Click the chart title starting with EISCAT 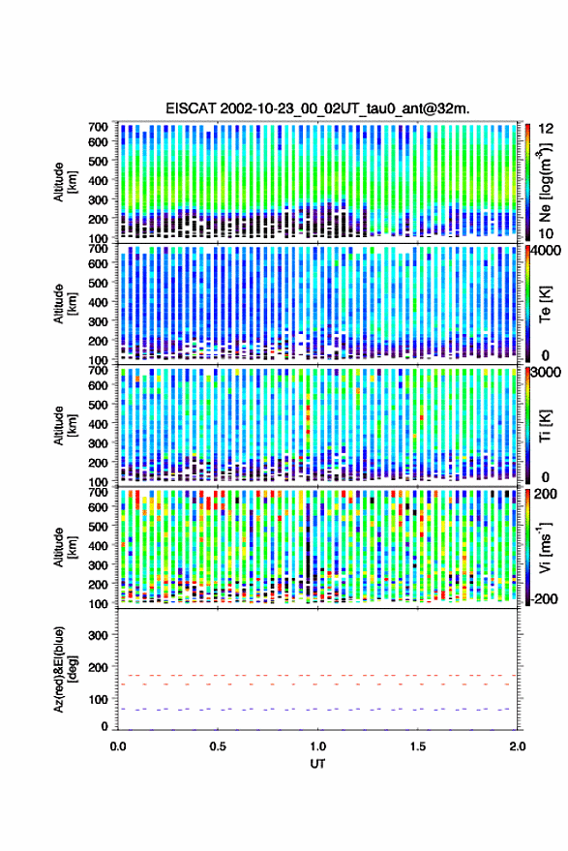pos(318,108)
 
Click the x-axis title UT pos(318,764)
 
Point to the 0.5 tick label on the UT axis pos(218,746)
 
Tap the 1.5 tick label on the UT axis pos(418,746)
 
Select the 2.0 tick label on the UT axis pos(518,746)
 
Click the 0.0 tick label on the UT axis pos(118,746)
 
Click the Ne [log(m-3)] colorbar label pos(545,182)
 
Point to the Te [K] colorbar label pos(545,303)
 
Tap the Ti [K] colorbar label pos(545,425)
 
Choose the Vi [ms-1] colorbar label pos(545,547)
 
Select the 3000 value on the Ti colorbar pos(548,373)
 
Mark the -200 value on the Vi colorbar pos(545,599)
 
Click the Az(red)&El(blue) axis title pos(66,670)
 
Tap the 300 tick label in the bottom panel pos(98,635)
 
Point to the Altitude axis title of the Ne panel pos(65,182)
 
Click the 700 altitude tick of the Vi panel pos(98,492)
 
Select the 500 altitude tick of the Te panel pos(98,283)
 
